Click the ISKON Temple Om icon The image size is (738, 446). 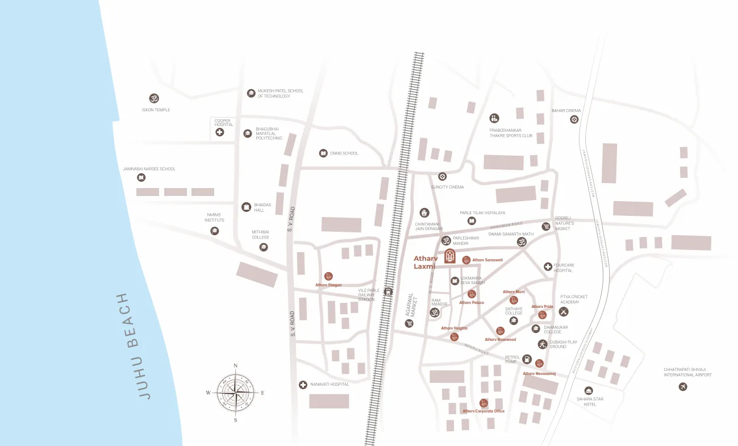point(154,98)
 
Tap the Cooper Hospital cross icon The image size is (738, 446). point(219,132)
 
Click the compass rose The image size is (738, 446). point(235,393)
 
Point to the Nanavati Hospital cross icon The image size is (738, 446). point(303,385)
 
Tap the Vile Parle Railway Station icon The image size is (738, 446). point(389,292)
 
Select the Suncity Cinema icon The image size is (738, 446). point(442,176)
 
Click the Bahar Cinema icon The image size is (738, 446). point(574,119)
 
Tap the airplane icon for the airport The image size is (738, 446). point(683,387)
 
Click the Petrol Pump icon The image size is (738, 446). point(527,359)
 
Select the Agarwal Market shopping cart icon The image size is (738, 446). point(409,323)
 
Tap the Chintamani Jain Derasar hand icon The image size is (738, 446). point(424,212)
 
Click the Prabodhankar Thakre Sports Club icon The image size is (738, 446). point(494,118)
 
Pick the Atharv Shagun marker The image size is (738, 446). point(328,276)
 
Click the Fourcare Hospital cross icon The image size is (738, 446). point(548,266)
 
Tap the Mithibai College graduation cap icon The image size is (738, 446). point(264,247)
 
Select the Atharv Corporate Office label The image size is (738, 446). point(483,411)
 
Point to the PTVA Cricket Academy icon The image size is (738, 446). point(564,311)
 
